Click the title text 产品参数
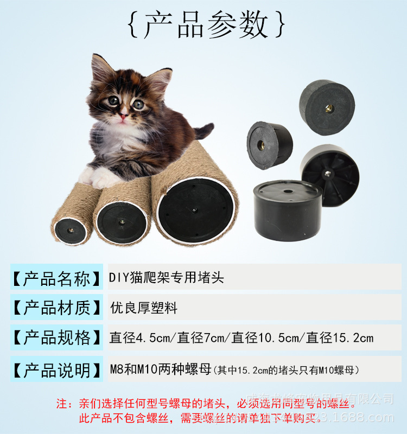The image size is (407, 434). coord(206,24)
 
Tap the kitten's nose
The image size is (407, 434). coord(124,115)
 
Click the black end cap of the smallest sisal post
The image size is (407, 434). coord(71,230)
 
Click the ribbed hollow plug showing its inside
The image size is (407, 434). coord(331,174)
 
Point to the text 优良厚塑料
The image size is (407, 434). coord(143,308)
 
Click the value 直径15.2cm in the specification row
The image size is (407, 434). coord(340,337)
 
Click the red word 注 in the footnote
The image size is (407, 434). coord(63,404)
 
